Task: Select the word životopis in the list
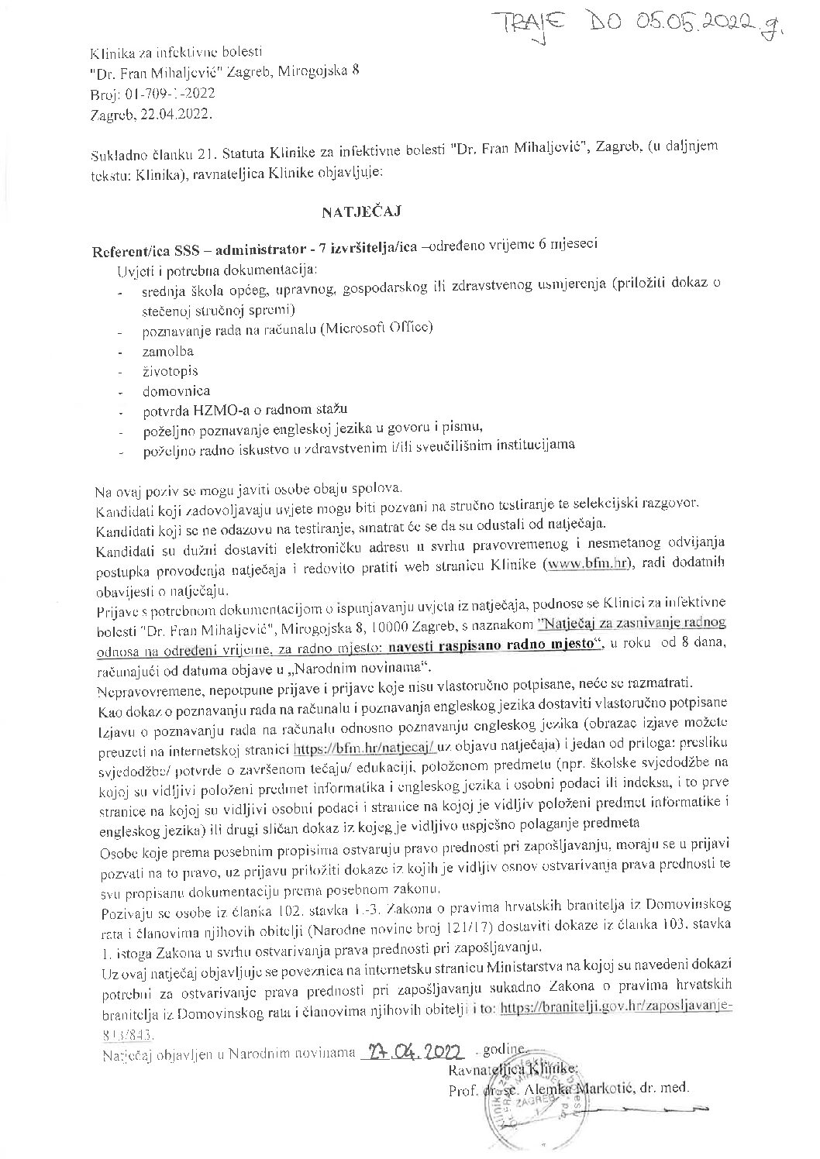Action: pos(167,371)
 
